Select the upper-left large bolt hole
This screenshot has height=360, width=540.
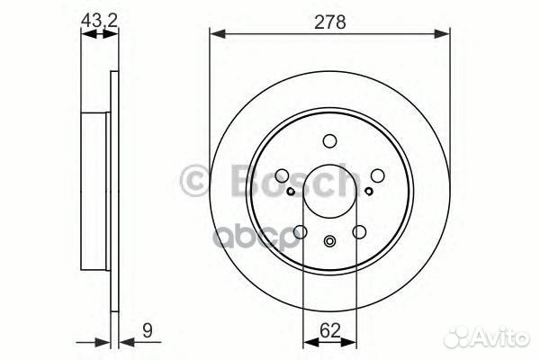click(281, 175)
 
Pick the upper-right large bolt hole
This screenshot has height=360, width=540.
click(378, 175)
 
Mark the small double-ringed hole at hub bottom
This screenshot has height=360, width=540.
click(329, 240)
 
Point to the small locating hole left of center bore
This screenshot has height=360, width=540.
click(290, 191)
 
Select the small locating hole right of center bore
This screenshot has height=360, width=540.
click(369, 191)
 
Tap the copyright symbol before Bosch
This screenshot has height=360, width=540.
click(195, 180)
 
